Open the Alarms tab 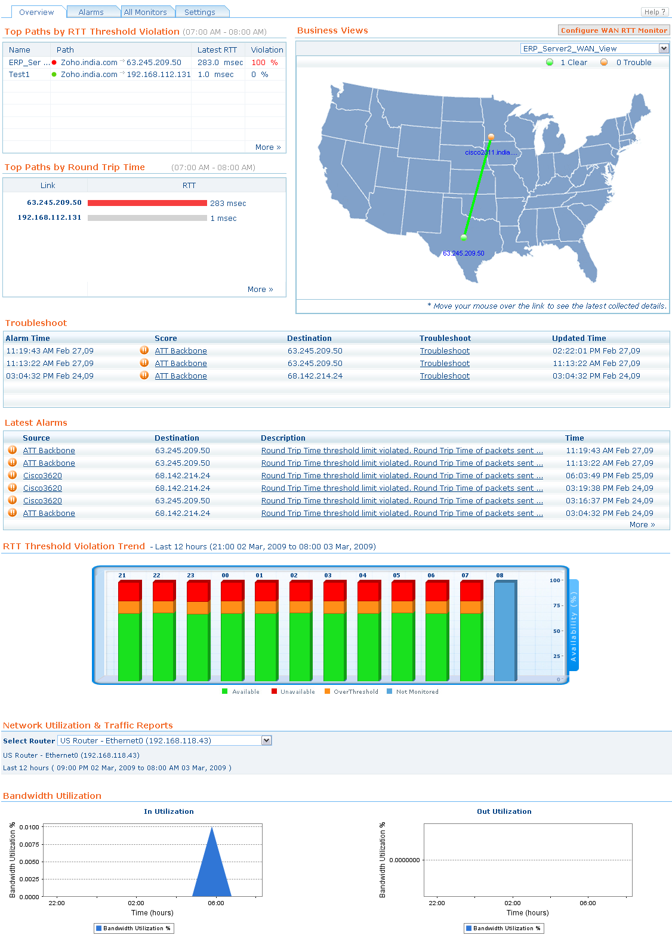[91, 12]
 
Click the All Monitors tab [145, 12]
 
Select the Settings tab [199, 12]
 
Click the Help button [655, 12]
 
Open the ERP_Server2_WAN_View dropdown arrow [664, 48]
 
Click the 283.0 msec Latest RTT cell [220, 62]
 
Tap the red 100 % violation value [264, 62]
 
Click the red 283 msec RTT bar [147, 203]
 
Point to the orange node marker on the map [491, 137]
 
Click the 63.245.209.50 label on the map [464, 253]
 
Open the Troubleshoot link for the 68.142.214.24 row [445, 376]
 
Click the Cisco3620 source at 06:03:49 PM [42, 476]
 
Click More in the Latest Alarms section [642, 525]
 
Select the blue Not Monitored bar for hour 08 [504, 631]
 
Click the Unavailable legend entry [297, 692]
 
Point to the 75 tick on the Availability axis [556, 605]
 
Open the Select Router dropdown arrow [267, 740]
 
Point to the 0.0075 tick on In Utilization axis [29, 844]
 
